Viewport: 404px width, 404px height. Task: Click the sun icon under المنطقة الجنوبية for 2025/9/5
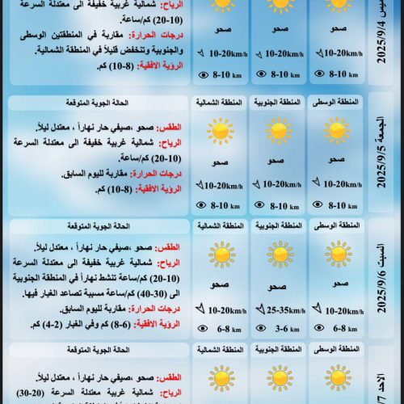pyautogui.click(x=279, y=131)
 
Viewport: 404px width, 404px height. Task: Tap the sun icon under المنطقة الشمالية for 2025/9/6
pyautogui.click(x=219, y=255)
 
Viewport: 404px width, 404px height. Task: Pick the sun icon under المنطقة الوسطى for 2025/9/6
pyautogui.click(x=338, y=255)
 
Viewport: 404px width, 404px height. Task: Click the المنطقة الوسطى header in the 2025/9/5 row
pyautogui.click(x=338, y=104)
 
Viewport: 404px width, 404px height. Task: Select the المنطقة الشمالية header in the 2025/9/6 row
pyautogui.click(x=219, y=227)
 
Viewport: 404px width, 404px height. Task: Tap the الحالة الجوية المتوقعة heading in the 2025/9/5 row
pyautogui.click(x=97, y=104)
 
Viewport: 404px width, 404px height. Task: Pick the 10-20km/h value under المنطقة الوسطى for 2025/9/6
pyautogui.click(x=343, y=310)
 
